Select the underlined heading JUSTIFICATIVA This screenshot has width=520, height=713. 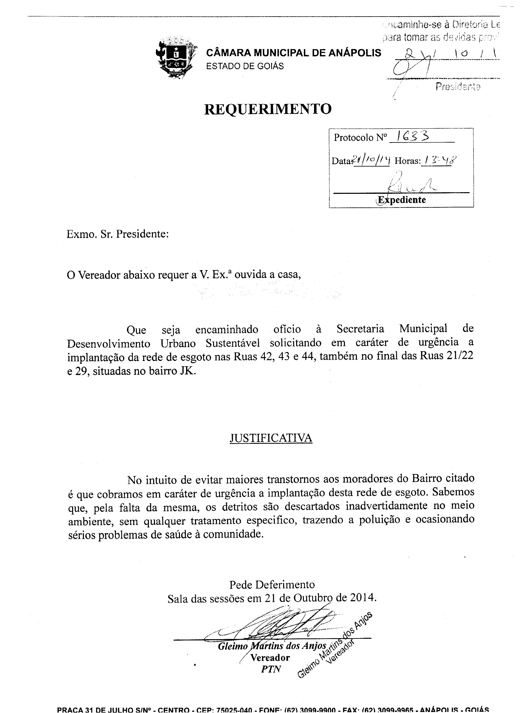(x=271, y=438)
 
